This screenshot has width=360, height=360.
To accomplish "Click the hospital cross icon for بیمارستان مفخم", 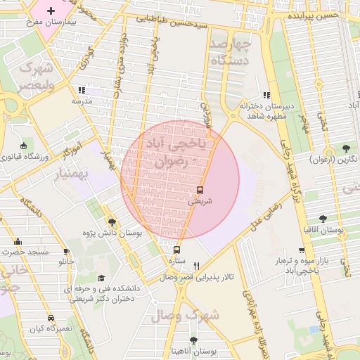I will pos(51,11).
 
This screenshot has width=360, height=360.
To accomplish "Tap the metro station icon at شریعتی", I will pos(200,189).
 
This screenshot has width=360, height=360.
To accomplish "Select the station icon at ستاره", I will pos(176,250).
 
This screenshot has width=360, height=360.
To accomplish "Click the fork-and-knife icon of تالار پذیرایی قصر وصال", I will pos(196,266).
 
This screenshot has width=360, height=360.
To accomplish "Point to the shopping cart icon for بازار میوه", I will pos(302,250).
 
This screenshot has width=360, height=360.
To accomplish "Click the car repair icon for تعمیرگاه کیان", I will pos(50,318).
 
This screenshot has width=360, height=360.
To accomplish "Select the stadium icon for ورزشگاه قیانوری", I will pos(25,146).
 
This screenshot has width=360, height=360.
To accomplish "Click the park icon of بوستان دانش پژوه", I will pos(112,222).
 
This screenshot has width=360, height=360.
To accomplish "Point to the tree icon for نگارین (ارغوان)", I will pos(346,148).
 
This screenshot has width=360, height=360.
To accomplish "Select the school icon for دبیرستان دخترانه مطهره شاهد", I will pos(266,95).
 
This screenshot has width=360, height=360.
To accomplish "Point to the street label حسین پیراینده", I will pos(312,15).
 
